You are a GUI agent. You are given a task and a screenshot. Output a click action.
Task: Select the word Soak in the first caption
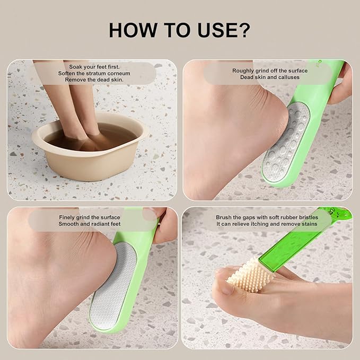75,66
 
